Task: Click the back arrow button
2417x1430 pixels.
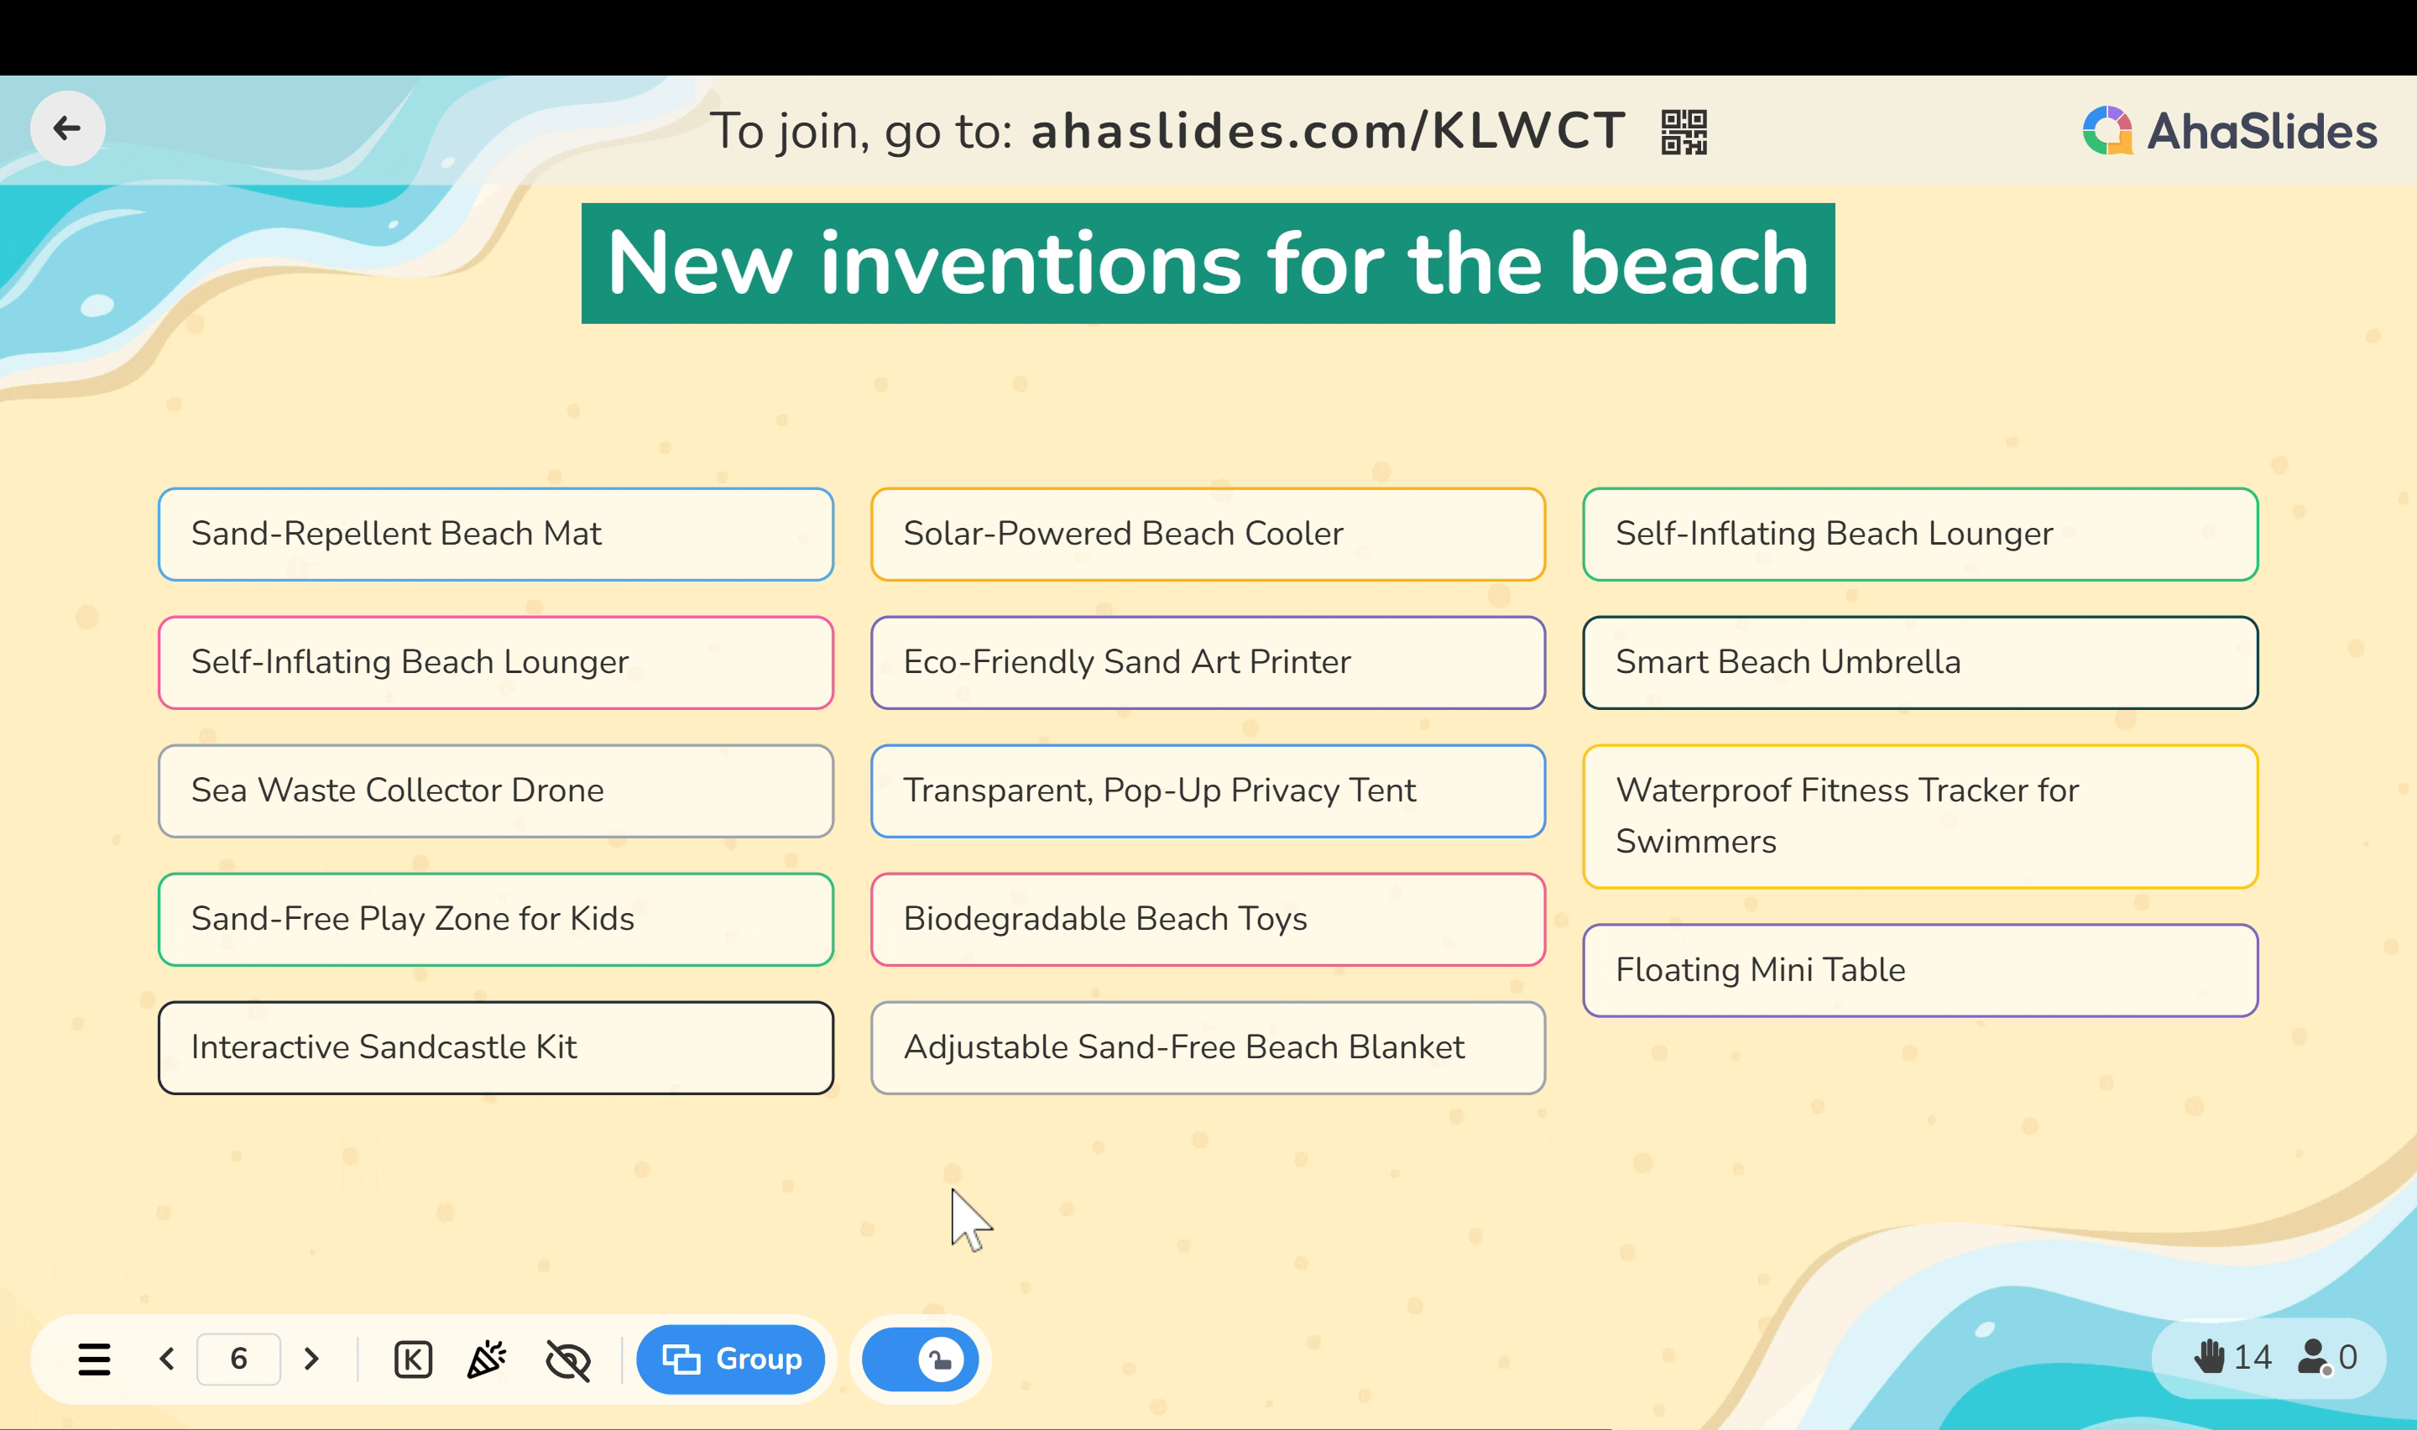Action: (67, 128)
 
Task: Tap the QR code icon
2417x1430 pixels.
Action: (1684, 132)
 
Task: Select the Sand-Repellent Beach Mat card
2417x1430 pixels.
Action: (496, 534)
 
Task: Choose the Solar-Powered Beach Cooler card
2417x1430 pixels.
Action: (1208, 534)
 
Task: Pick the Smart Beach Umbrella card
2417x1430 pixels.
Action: (1920, 662)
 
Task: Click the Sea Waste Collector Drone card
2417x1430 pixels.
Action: (496, 791)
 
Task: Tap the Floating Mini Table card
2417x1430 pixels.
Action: (1920, 970)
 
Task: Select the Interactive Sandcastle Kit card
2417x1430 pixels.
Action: (496, 1047)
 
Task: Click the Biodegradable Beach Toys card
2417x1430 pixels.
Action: (1208, 919)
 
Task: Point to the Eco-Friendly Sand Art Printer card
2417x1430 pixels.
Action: (1208, 662)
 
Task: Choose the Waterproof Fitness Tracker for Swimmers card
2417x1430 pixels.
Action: (1920, 817)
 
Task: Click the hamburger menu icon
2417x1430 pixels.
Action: (94, 1360)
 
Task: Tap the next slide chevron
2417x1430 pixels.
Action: (311, 1359)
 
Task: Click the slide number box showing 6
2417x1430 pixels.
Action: (239, 1359)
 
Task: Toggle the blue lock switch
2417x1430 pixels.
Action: (920, 1360)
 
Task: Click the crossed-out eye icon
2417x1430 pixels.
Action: (568, 1360)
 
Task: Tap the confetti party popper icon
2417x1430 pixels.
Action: (487, 1359)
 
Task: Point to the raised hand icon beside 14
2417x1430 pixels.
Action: (2209, 1356)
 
